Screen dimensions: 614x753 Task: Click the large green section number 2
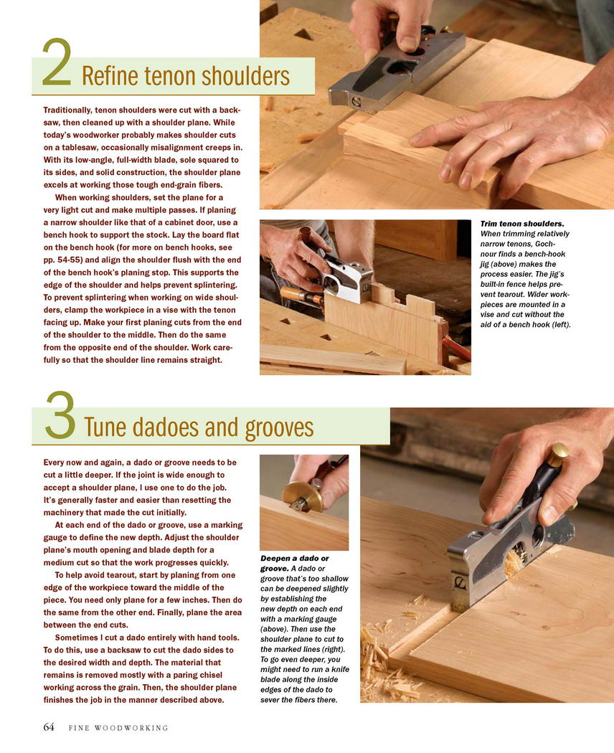tap(57, 62)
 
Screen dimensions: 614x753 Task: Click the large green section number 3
tap(60, 415)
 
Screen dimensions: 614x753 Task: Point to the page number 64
tap(49, 726)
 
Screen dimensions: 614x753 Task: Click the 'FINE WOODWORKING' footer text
tap(118, 728)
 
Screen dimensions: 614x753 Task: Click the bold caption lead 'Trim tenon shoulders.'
tap(522, 224)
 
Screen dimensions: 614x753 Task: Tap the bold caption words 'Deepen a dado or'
tap(295, 559)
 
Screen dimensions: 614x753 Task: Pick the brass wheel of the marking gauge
tap(302, 496)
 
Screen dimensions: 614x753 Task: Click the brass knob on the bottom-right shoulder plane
tap(557, 454)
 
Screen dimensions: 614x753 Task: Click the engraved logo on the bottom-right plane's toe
tap(460, 582)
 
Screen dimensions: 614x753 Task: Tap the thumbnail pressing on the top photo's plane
tap(408, 43)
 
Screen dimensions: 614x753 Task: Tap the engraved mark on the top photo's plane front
tap(356, 101)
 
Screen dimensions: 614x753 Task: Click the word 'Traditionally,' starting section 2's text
tap(67, 110)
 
